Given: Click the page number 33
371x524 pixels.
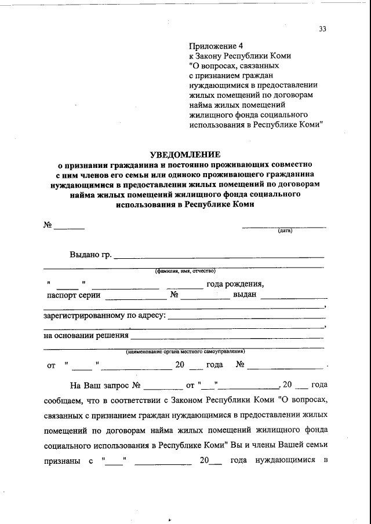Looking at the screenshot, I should coord(323,31).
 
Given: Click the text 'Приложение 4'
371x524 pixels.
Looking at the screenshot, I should coord(213,46).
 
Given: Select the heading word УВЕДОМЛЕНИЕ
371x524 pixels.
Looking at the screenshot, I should coord(185,155).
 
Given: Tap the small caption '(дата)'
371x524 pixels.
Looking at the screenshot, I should coord(285,231).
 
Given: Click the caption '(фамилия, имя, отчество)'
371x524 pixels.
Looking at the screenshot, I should coord(185,271).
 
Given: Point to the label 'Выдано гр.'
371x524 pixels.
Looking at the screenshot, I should coord(90,255).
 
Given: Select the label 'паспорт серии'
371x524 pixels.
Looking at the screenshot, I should coord(74,295).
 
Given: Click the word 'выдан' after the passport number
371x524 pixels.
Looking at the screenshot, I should coord(245,295).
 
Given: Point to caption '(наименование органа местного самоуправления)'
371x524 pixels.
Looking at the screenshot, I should coord(185,351).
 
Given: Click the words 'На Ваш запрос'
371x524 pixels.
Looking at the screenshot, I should coord(99,384).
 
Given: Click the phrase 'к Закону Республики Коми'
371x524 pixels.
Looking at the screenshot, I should coord(240,56).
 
